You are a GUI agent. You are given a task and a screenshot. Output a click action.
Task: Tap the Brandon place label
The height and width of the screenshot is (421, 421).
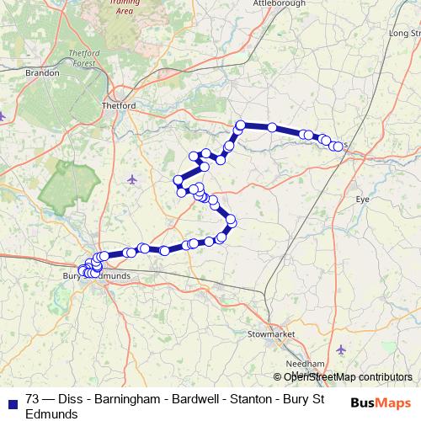[x=44, y=73]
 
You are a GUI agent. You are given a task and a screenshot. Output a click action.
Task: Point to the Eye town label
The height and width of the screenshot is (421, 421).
[x=363, y=200]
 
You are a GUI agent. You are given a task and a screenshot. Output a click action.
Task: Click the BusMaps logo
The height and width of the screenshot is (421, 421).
[x=381, y=402]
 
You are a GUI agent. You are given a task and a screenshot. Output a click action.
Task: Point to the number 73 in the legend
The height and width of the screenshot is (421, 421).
[x=33, y=400]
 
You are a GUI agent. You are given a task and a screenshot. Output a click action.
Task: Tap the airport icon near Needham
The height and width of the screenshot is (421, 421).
[x=341, y=349]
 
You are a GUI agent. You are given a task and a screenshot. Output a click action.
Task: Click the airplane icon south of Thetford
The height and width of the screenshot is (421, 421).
[x=132, y=179]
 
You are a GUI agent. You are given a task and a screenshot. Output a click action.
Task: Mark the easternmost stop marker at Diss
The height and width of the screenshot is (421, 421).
[x=339, y=147]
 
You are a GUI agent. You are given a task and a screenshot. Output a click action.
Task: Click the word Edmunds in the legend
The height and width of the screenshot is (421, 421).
[x=52, y=414]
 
